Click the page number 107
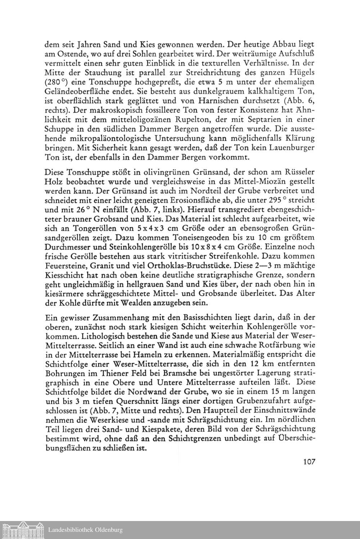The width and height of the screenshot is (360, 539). click(x=309, y=461)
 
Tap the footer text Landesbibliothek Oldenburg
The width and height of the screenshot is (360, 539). click(x=85, y=530)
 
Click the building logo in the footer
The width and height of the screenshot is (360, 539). click(x=23, y=530)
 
